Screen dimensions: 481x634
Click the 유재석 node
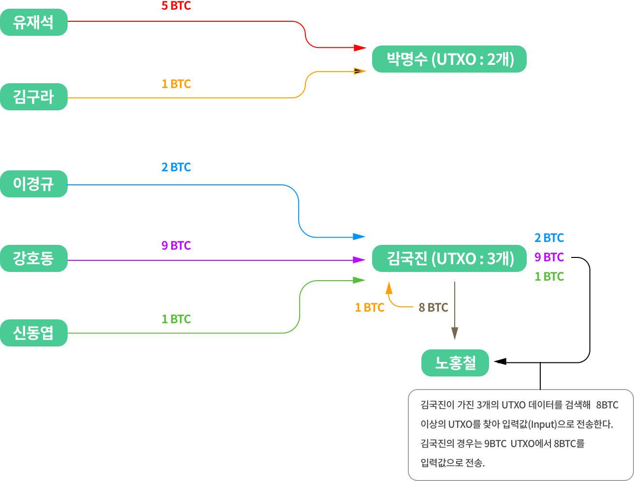pyautogui.click(x=33, y=22)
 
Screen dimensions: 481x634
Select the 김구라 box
pyautogui.click(x=33, y=97)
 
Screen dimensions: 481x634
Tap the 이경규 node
pyautogui.click(x=33, y=184)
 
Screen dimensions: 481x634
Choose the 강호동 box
pyautogui.click(x=33, y=258)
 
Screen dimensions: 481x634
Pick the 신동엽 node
pyautogui.click(x=33, y=333)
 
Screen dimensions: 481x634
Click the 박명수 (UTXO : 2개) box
pyautogui.click(x=449, y=59)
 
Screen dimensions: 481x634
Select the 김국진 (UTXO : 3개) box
pyautogui.click(x=449, y=258)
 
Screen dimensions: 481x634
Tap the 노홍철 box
pyautogui.click(x=455, y=363)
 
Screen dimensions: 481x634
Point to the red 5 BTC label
pyautogui.click(x=176, y=6)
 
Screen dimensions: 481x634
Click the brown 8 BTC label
pyautogui.click(x=433, y=307)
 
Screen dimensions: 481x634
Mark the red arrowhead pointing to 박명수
pyautogui.click(x=360, y=47)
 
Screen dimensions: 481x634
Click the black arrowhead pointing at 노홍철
pyautogui.click(x=500, y=361)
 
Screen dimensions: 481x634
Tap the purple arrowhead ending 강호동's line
pyautogui.click(x=359, y=260)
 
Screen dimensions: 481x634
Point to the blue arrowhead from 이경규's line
pyautogui.click(x=359, y=237)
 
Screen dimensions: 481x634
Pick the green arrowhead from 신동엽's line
pyautogui.click(x=359, y=280)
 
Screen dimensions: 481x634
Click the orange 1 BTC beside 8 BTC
pyautogui.click(x=370, y=307)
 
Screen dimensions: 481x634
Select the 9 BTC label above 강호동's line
pyautogui.click(x=176, y=245)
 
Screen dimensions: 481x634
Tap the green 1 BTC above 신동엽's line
pyautogui.click(x=176, y=319)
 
